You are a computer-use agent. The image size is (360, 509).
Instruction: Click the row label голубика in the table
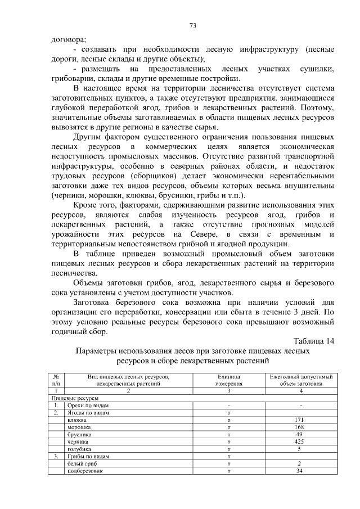pyautogui.click(x=79, y=449)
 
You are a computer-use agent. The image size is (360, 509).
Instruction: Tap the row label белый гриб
pyautogui.click(x=82, y=464)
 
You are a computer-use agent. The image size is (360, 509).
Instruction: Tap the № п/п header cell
pyautogui.click(x=56, y=380)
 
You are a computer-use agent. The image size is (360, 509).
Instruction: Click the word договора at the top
pyautogui.click(x=68, y=39)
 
